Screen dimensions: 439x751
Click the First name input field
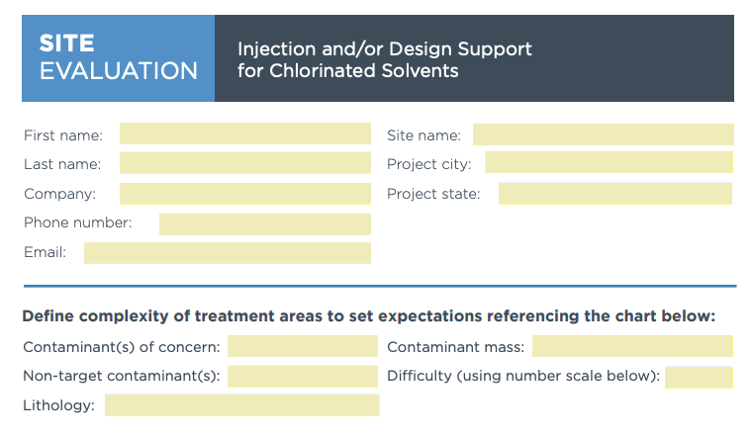tap(244, 133)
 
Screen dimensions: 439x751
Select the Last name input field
tap(244, 163)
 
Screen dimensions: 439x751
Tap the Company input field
tap(244, 194)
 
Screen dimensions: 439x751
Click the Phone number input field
tap(264, 223)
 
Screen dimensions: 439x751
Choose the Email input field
tap(227, 253)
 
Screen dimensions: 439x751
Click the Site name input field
tap(603, 134)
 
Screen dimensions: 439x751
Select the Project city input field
tap(609, 163)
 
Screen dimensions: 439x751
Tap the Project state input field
tap(614, 194)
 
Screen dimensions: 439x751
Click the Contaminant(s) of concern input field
tap(302, 346)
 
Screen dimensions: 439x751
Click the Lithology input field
tap(241, 405)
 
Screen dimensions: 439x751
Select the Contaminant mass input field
tap(632, 346)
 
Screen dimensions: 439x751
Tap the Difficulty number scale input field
tap(699, 377)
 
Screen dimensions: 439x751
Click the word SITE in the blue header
tap(67, 44)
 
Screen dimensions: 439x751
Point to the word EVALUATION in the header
tap(118, 71)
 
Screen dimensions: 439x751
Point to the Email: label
tap(45, 253)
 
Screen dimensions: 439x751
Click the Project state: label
tap(432, 194)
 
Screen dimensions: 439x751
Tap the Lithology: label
tap(58, 405)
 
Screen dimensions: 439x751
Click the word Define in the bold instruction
tap(49, 316)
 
